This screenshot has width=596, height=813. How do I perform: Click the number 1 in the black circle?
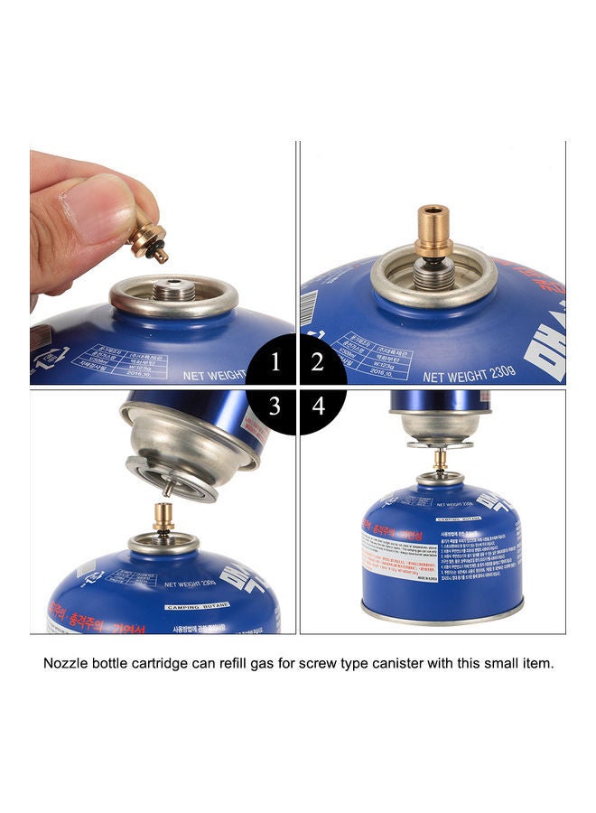275,363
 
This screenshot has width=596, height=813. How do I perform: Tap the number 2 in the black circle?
317,363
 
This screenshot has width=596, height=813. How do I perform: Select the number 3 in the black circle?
275,406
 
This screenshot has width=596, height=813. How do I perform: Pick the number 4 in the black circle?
318,406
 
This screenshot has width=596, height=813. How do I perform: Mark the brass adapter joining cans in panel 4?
440,460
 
